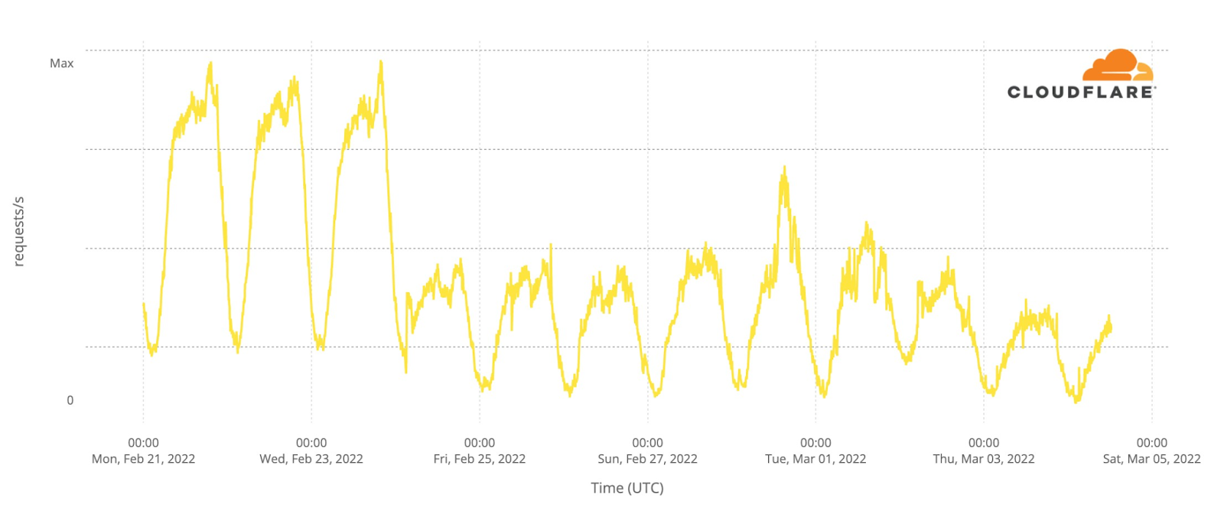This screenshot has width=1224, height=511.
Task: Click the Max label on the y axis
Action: pyautogui.click(x=61, y=63)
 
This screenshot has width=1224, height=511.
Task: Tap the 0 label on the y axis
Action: pyautogui.click(x=70, y=400)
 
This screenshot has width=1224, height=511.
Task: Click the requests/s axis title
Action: pyautogui.click(x=19, y=231)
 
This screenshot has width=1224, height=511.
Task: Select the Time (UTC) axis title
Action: pyautogui.click(x=627, y=488)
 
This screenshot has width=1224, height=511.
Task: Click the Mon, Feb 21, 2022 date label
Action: pyautogui.click(x=143, y=459)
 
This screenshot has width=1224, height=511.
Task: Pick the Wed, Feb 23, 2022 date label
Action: pyautogui.click(x=311, y=459)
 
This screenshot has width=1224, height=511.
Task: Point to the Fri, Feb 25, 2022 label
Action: pyautogui.click(x=480, y=459)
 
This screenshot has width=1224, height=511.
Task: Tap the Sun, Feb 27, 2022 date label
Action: pyautogui.click(x=647, y=459)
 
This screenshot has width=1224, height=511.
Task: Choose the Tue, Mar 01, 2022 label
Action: pyautogui.click(x=815, y=459)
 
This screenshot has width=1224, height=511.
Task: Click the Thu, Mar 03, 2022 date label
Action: pyautogui.click(x=984, y=459)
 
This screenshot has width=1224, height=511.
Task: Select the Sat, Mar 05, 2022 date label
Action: pyautogui.click(x=1151, y=459)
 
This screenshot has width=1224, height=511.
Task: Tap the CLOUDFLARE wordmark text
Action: pyautogui.click(x=1080, y=93)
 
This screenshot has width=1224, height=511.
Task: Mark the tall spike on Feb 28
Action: pyautogui.click(x=784, y=168)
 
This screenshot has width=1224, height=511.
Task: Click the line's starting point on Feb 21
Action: pyautogui.click(x=144, y=304)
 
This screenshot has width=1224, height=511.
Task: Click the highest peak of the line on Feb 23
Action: pyautogui.click(x=380, y=62)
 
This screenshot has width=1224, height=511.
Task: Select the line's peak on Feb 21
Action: pyautogui.click(x=210, y=63)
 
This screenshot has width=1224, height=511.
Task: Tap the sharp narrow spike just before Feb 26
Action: pyautogui.click(x=551, y=246)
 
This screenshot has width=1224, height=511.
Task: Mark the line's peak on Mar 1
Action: pyautogui.click(x=867, y=223)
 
